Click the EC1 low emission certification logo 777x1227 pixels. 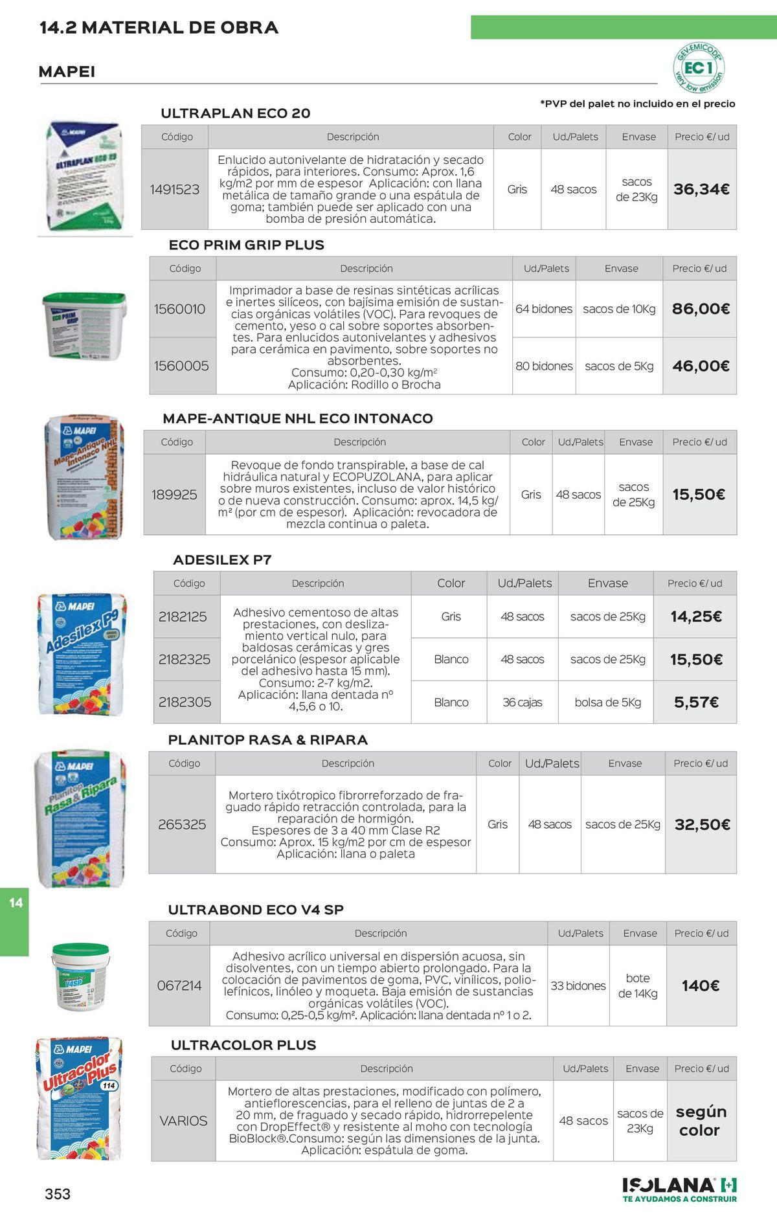(699, 67)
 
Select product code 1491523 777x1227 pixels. (175, 189)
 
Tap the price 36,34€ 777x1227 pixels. (701, 189)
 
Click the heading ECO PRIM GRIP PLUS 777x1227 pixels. (246, 245)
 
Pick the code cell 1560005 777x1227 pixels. (181, 366)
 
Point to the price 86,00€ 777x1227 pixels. (701, 309)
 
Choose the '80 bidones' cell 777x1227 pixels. (544, 366)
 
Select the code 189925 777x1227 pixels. (174, 495)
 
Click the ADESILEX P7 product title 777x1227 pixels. (222, 560)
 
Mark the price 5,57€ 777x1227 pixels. (696, 702)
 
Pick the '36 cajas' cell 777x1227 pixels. (522, 702)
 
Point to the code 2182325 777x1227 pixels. (185, 659)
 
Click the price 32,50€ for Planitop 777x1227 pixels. (702, 824)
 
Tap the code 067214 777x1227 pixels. (179, 985)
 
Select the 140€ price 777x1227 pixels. (701, 985)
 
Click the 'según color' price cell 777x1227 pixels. (701, 1121)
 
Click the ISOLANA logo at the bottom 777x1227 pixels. (679, 1189)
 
